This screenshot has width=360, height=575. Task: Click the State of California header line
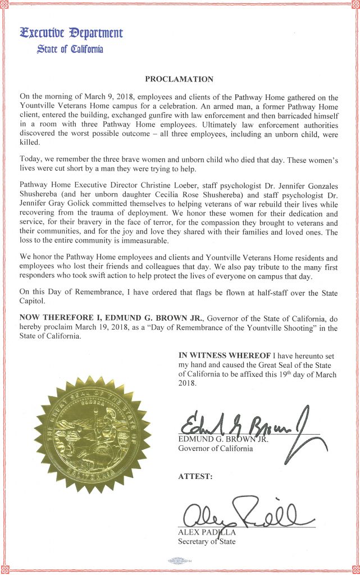[x=70, y=49]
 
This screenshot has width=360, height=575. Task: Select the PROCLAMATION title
[x=180, y=79]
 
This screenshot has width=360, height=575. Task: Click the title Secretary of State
[x=207, y=541]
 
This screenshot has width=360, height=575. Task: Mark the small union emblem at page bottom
[x=179, y=559]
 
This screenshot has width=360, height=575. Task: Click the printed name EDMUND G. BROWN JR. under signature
[x=223, y=439]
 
